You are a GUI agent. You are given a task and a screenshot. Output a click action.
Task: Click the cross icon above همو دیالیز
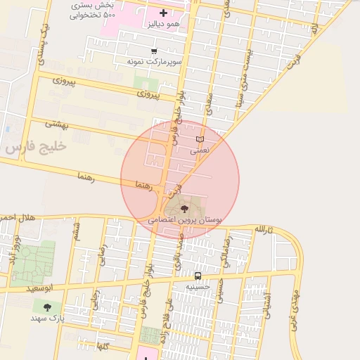pos(164,13)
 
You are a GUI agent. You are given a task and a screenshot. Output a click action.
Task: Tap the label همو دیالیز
pos(163,25)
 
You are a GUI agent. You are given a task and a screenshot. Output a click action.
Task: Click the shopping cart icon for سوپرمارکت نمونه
pos(155,51)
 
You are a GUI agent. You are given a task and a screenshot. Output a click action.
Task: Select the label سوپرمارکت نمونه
pos(154,62)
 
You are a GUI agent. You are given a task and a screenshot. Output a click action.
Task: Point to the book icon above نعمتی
pos(200,139)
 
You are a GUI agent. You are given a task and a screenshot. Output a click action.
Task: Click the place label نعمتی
pos(200,150)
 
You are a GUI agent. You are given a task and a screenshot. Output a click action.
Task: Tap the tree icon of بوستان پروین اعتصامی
pos(184,209)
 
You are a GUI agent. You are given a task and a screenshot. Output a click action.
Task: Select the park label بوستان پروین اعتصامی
pos(185,220)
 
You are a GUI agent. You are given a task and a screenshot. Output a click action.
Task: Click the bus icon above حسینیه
pos(198,276)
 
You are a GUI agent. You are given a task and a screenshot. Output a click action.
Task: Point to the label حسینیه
pos(198,287)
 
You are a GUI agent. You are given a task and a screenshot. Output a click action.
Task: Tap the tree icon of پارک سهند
pos(47,307)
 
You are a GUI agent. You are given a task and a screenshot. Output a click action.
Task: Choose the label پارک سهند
pos(47,319)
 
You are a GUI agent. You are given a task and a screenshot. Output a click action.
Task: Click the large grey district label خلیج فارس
pos(34,148)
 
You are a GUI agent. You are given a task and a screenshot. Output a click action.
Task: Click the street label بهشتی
pos(58,123)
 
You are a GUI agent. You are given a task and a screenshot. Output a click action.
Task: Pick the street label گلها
pos(102,347)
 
